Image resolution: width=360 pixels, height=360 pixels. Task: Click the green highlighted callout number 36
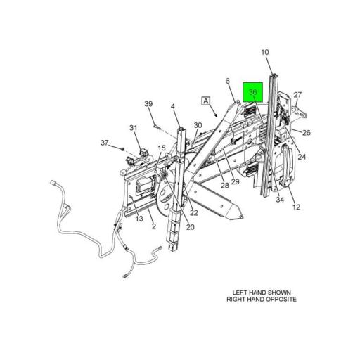pyautogui.click(x=252, y=92)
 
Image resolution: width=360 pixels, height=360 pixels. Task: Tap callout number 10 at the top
pyautogui.click(x=265, y=52)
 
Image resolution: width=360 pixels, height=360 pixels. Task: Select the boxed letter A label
pyautogui.click(x=206, y=101)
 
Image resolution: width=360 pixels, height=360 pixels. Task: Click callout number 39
pyautogui.click(x=148, y=103)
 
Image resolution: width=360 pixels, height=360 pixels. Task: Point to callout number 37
pyautogui.click(x=105, y=143)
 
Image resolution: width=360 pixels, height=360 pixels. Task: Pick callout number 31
pyautogui.click(x=134, y=128)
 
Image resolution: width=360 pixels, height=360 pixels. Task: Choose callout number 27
pyautogui.click(x=297, y=95)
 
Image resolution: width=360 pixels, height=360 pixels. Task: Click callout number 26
pyautogui.click(x=307, y=133)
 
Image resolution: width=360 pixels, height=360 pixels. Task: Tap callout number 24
pyautogui.click(x=302, y=157)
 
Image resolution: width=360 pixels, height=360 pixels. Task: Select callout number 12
pyautogui.click(x=297, y=207)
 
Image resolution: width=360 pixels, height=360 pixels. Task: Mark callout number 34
pyautogui.click(x=280, y=200)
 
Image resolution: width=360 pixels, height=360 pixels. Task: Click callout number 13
pyautogui.click(x=139, y=219)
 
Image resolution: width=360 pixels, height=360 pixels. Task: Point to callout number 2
pyautogui.click(x=154, y=226)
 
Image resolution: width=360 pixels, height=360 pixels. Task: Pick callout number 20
pyautogui.click(x=191, y=227)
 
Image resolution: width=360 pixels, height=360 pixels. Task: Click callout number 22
pyautogui.click(x=194, y=213)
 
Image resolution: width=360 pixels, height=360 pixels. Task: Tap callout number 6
pyautogui.click(x=228, y=81)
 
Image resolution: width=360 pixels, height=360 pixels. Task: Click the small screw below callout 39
pyautogui.click(x=155, y=127)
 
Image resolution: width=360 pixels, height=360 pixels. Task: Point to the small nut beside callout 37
pyautogui.click(x=122, y=148)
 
